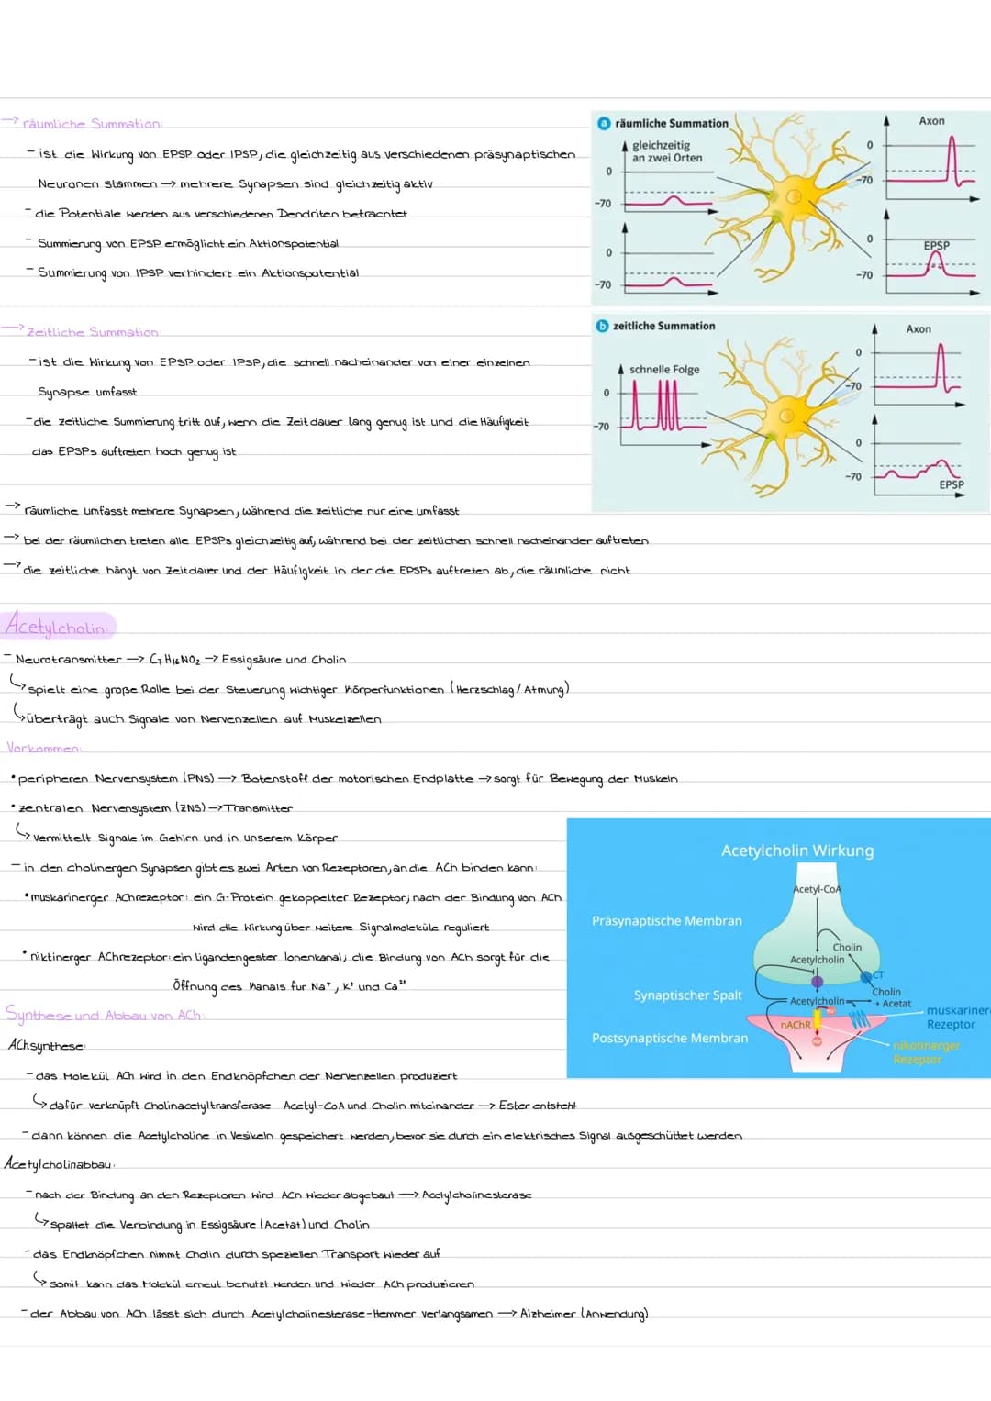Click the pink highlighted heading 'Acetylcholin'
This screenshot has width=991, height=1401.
tap(57, 627)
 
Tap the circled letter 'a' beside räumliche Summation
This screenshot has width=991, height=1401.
tap(604, 123)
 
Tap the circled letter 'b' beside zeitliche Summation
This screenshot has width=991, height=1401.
tap(603, 326)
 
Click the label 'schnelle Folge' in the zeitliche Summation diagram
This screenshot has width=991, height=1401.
tap(664, 370)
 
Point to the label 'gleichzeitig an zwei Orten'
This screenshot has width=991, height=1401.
tap(667, 151)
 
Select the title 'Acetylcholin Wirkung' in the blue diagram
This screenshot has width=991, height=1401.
tap(796, 851)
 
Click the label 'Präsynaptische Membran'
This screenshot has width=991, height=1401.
tap(667, 920)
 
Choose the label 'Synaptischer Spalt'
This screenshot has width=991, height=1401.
tap(687, 995)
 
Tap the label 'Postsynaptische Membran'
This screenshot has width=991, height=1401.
tap(670, 1038)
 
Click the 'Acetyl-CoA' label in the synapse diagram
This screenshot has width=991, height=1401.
tap(817, 889)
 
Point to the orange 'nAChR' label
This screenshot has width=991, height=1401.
tap(795, 1025)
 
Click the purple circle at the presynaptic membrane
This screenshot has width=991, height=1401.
tap(817, 982)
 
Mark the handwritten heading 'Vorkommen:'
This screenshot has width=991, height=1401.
tap(43, 749)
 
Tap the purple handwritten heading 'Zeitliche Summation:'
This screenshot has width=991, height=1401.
tap(93, 332)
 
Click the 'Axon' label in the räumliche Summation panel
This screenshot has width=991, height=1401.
tap(931, 121)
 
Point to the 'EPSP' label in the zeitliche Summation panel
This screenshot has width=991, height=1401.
tap(952, 484)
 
